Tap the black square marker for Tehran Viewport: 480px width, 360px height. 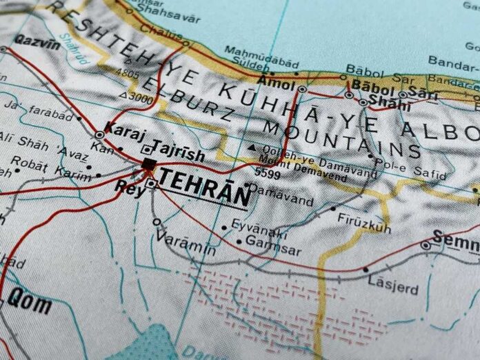point(148,163)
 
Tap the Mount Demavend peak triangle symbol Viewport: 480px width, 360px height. point(253,148)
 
